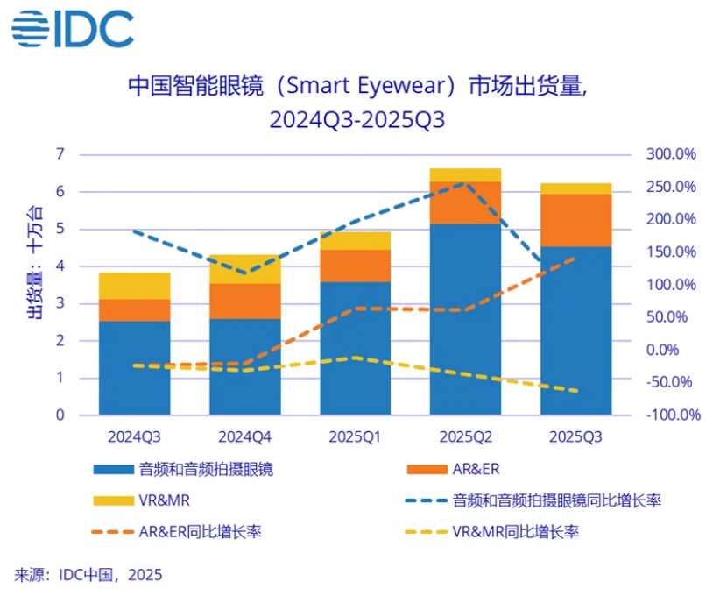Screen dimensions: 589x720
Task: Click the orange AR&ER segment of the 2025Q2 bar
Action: pyautogui.click(x=465, y=202)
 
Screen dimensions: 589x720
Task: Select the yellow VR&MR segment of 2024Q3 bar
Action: pyautogui.click(x=134, y=286)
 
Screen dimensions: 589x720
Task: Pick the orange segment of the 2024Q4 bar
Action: pyautogui.click(x=244, y=301)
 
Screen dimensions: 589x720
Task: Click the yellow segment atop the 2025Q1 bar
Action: pyautogui.click(x=355, y=240)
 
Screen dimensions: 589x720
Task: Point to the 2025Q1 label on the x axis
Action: pyautogui.click(x=355, y=436)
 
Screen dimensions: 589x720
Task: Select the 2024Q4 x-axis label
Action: pyautogui.click(x=244, y=436)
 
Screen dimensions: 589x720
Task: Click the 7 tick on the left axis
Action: pyautogui.click(x=60, y=154)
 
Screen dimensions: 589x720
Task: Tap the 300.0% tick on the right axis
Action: pyautogui.click(x=671, y=154)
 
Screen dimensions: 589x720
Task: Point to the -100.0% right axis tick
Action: pyautogui.click(x=670, y=415)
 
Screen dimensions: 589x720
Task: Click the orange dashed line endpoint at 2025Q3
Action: pyautogui.click(x=575, y=258)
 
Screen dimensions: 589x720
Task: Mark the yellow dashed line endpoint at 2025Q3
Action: pyautogui.click(x=575, y=391)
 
